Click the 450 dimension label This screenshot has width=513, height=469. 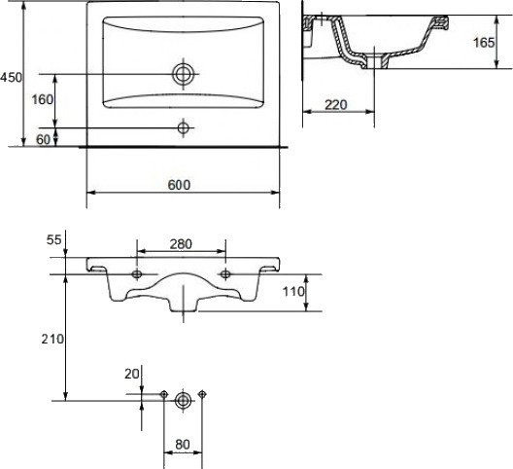11,78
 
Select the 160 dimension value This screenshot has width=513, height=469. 42,99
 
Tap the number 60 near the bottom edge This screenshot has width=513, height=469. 43,139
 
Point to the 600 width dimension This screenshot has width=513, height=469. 179,185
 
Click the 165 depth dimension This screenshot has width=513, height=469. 484,42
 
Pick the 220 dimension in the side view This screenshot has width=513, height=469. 336,105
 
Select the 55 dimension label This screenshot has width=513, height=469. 53,240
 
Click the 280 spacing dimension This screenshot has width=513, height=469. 181,244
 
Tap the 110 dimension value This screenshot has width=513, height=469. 293,291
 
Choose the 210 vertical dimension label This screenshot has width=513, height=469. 52,339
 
